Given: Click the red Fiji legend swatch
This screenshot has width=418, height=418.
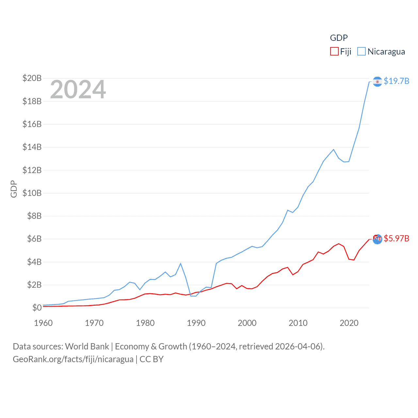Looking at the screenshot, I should pyautogui.click(x=334, y=52).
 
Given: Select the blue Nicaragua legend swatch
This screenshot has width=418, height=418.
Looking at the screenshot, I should pyautogui.click(x=362, y=52).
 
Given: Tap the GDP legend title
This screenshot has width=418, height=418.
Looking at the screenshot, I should pyautogui.click(x=339, y=38).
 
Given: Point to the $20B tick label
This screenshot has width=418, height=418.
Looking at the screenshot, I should pyautogui.click(x=32, y=78).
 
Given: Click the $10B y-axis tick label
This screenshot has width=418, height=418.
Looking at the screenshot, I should pyautogui.click(x=32, y=193).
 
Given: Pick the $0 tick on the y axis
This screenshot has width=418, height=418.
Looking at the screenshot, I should pyautogui.click(x=37, y=308).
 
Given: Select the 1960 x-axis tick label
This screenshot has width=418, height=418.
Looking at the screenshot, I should pyautogui.click(x=43, y=323).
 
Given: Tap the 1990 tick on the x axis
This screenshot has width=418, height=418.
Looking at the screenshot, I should pyautogui.click(x=196, y=323).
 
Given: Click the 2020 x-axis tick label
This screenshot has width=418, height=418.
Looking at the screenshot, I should pyautogui.click(x=349, y=323).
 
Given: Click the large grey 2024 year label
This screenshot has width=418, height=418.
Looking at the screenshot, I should pyautogui.click(x=78, y=89).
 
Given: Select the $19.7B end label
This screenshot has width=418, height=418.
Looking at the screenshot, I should pyautogui.click(x=396, y=81).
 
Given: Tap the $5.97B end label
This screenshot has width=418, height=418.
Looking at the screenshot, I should pyautogui.click(x=396, y=238).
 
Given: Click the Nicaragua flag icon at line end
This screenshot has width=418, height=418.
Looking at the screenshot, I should pyautogui.click(x=377, y=81).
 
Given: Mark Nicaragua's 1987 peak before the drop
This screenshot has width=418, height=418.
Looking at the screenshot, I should pyautogui.click(x=181, y=264).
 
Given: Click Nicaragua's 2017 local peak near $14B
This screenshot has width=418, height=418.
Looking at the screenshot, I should pyautogui.click(x=333, y=150).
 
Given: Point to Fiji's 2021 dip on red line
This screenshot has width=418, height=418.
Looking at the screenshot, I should pyautogui.click(x=354, y=260).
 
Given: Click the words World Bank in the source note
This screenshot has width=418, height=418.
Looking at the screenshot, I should pyautogui.click(x=87, y=346).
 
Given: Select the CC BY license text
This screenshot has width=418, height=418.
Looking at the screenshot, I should pyautogui.click(x=152, y=359).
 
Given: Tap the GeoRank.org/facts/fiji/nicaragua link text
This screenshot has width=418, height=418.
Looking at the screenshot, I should pyautogui.click(x=73, y=359).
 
